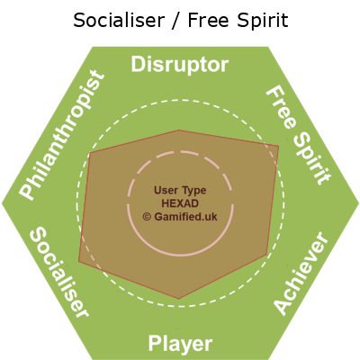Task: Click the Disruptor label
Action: click(180, 65)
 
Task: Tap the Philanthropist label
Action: click(62, 135)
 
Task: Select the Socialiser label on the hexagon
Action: click(59, 272)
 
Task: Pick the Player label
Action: click(180, 344)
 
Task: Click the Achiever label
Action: click(301, 273)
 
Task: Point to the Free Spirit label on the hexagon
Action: click(299, 135)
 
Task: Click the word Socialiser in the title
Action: click(119, 21)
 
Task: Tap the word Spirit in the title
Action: click(262, 22)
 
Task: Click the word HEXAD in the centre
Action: click(180, 203)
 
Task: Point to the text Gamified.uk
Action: click(185, 217)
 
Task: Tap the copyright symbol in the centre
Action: click(147, 217)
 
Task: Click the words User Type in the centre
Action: click(180, 190)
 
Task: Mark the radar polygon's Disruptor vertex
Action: click(179, 130)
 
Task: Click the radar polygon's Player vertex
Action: click(179, 299)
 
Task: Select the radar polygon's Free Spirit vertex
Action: click(279, 146)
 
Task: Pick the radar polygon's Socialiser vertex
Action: click(79, 261)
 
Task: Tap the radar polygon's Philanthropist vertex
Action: click(90, 153)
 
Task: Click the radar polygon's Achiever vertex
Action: click(266, 255)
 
